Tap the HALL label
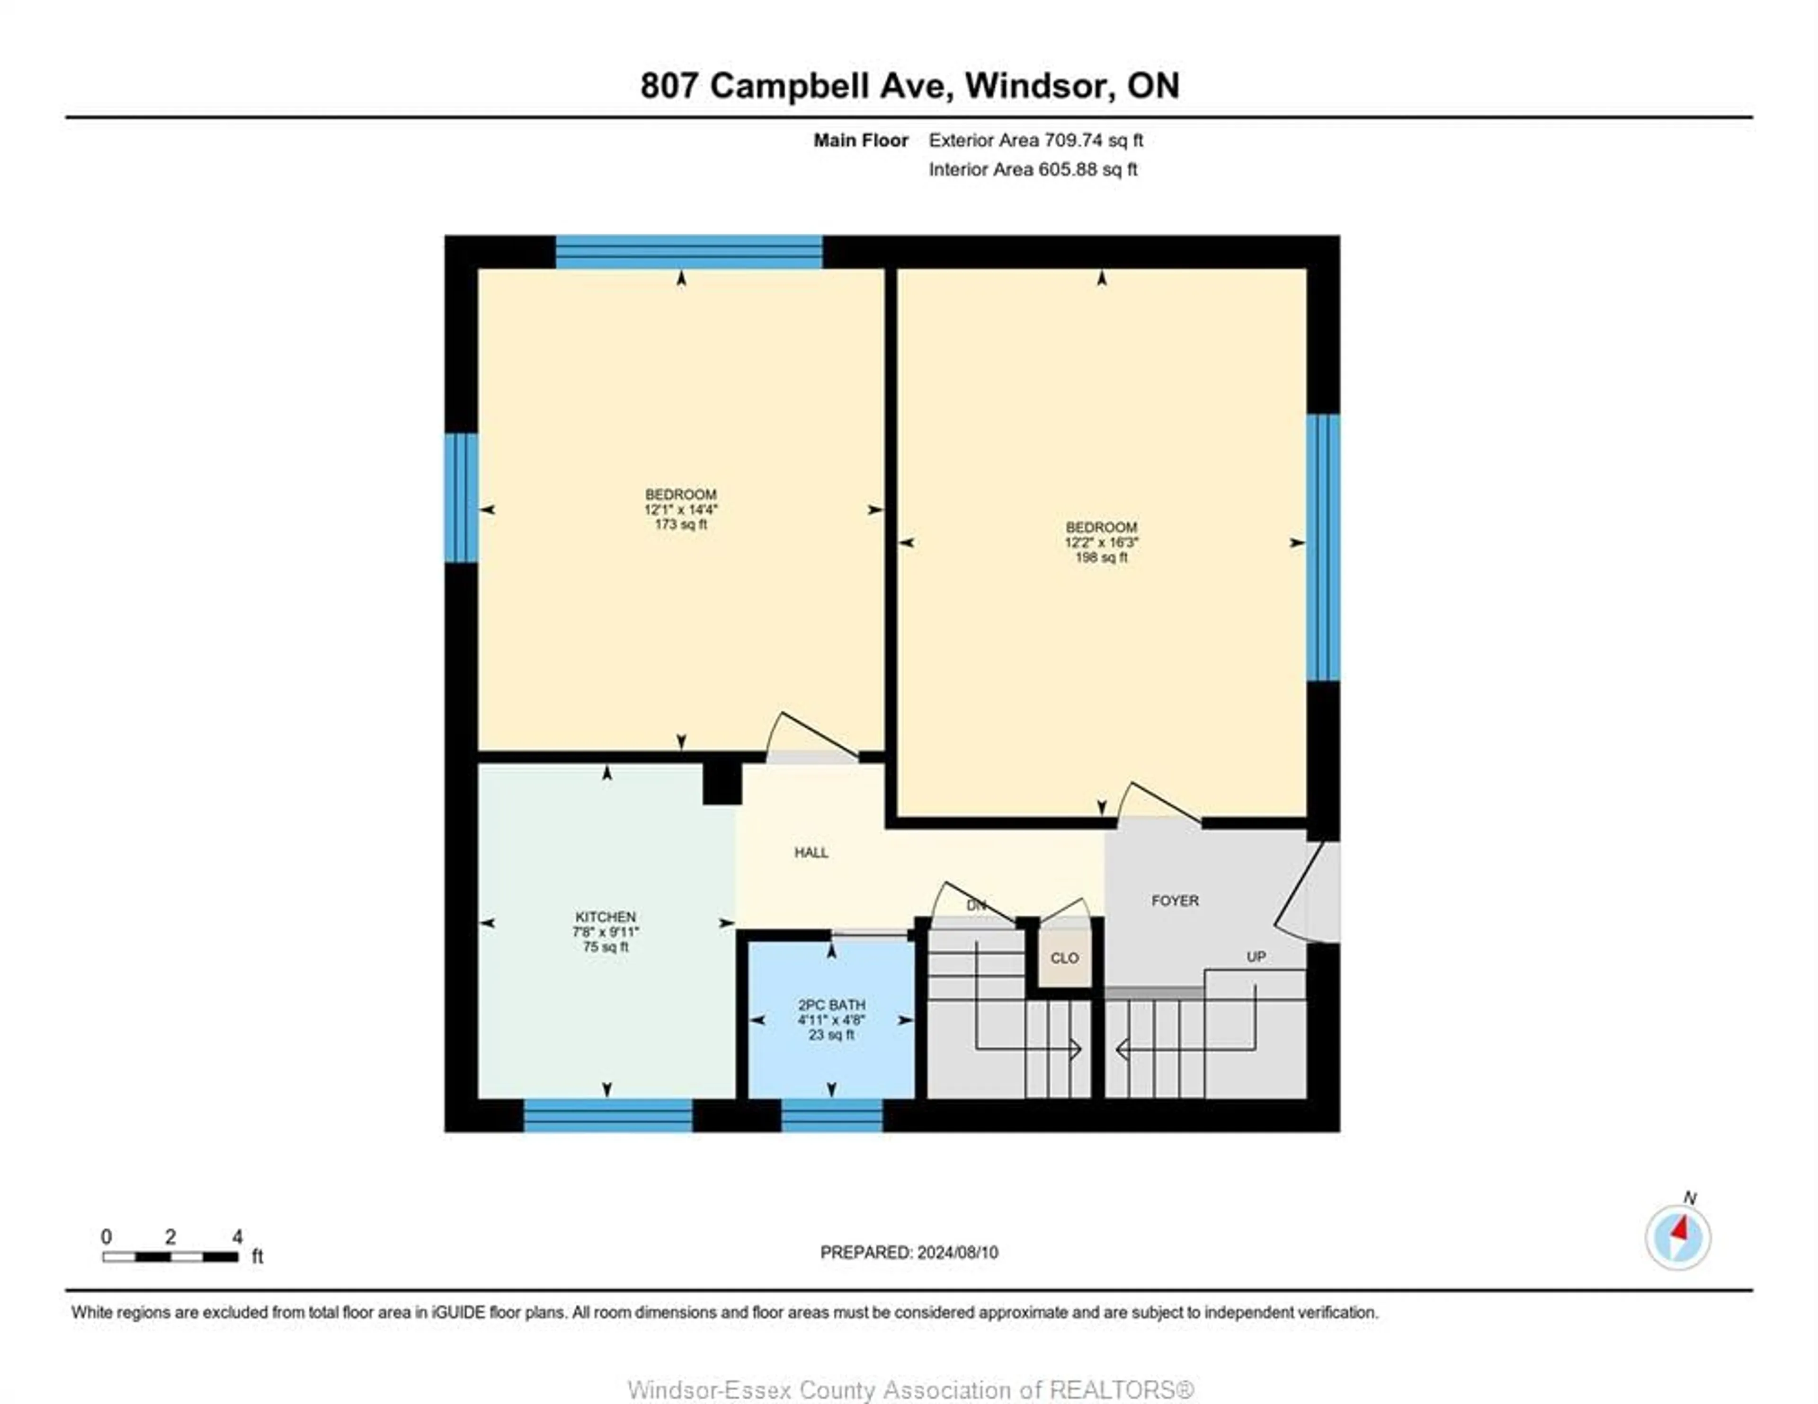tap(811, 852)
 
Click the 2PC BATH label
tap(831, 1005)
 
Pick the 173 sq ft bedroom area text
tap(681, 524)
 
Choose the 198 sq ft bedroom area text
tap(1101, 557)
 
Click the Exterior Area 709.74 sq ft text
tap(1035, 141)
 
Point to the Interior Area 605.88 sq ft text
tap(1033, 170)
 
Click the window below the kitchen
tap(608, 1115)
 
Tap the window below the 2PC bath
tap(831, 1115)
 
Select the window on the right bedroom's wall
tap(1323, 547)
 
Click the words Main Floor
tap(861, 141)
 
